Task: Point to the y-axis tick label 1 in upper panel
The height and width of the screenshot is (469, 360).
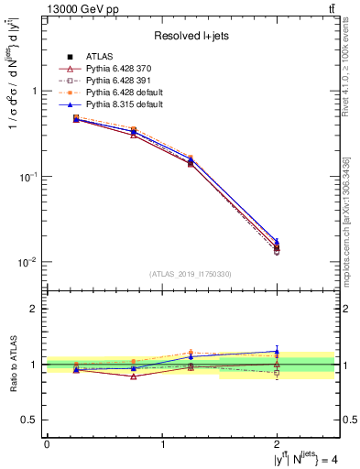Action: coord(34,92)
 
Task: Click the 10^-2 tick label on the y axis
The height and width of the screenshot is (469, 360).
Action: coord(30,262)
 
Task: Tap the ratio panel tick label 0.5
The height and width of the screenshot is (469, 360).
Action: coord(29,420)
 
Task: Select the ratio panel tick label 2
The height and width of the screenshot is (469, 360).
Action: coord(34,309)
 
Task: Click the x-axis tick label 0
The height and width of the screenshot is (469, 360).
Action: coord(47,445)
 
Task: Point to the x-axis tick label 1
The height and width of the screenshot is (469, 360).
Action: coord(162,445)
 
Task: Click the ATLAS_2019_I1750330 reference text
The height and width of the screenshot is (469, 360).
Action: coord(191,274)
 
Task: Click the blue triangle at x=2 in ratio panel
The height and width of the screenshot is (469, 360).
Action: coord(278,351)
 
